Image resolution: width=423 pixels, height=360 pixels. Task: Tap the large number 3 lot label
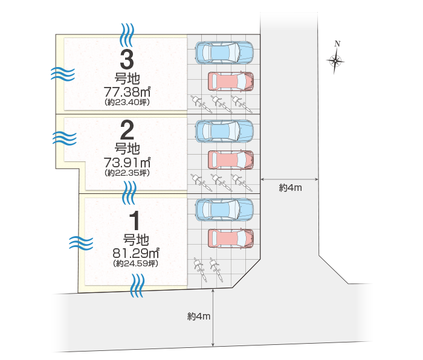point(127,60)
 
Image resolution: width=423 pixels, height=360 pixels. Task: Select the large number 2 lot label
point(127,130)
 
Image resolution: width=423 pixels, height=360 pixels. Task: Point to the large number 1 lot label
point(136,219)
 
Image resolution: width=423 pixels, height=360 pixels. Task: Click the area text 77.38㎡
point(127,92)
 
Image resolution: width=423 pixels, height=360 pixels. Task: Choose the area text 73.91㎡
point(127,162)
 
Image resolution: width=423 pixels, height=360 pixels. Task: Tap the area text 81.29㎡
point(136,253)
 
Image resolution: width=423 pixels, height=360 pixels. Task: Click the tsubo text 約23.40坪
point(127,103)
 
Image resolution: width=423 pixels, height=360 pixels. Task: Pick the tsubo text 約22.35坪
point(127,173)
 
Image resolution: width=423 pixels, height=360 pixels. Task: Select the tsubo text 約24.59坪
point(136,263)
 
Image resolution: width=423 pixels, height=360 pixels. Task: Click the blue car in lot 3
point(224,52)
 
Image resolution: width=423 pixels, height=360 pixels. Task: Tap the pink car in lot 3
point(230,81)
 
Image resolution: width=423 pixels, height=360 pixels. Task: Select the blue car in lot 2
point(224,130)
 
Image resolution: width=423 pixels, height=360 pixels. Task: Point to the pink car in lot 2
point(230,159)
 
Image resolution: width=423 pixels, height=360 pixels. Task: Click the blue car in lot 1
point(224,209)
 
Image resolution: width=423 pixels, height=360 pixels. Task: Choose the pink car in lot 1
point(230,238)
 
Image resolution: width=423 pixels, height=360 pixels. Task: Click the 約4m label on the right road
point(290,188)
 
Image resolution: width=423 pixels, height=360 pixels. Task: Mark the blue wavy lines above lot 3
point(127,34)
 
